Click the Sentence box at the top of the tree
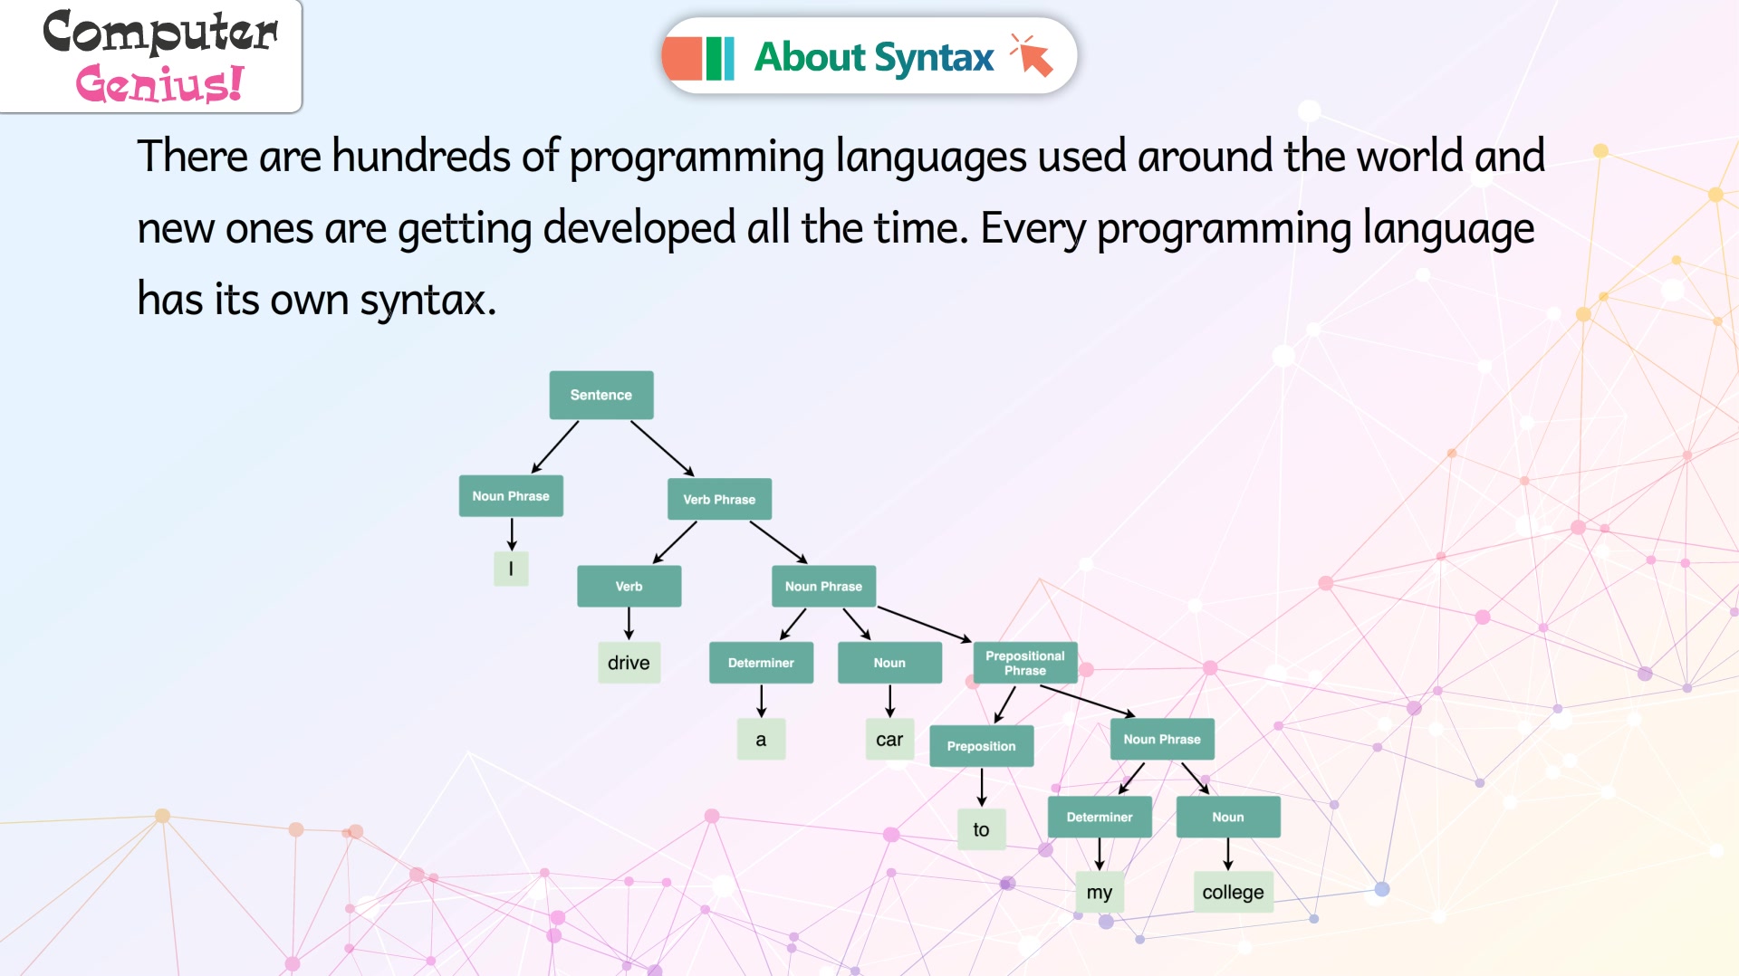click(x=601, y=395)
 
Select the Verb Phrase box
click(x=719, y=499)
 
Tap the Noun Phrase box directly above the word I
click(x=511, y=496)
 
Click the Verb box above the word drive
click(x=629, y=587)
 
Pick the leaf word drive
click(x=629, y=663)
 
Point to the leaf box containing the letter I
click(x=511, y=569)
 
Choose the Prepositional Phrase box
click(x=1025, y=663)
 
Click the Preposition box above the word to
click(x=982, y=746)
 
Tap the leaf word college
click(x=1233, y=892)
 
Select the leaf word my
click(x=1100, y=892)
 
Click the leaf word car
click(x=889, y=740)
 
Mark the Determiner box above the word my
click(x=1100, y=817)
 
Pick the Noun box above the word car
click(x=889, y=663)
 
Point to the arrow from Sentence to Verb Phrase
click(x=663, y=448)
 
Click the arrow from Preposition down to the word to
click(x=982, y=788)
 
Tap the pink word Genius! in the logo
click(x=160, y=83)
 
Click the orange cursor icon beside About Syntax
click(x=1033, y=56)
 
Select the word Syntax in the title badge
click(x=935, y=57)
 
